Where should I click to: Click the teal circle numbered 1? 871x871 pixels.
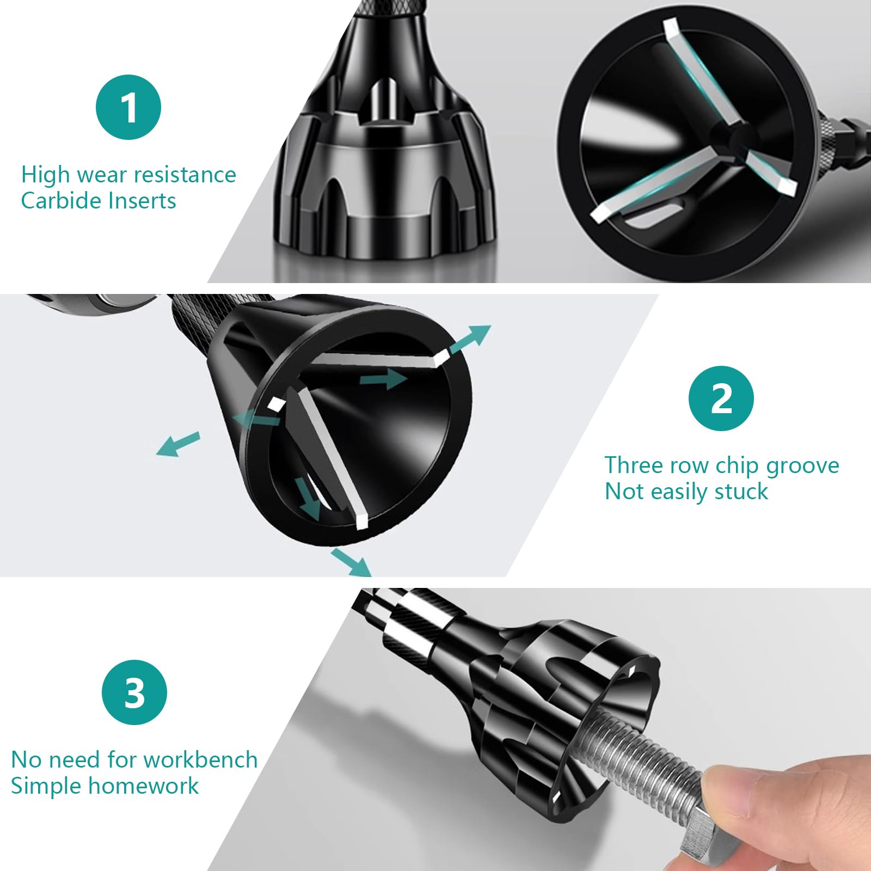[x=128, y=107]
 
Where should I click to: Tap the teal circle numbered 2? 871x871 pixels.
[x=721, y=398]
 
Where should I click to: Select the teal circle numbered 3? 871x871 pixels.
[x=134, y=692]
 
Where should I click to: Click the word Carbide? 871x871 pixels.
[x=61, y=201]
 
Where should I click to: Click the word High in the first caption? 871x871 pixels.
[x=46, y=175]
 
